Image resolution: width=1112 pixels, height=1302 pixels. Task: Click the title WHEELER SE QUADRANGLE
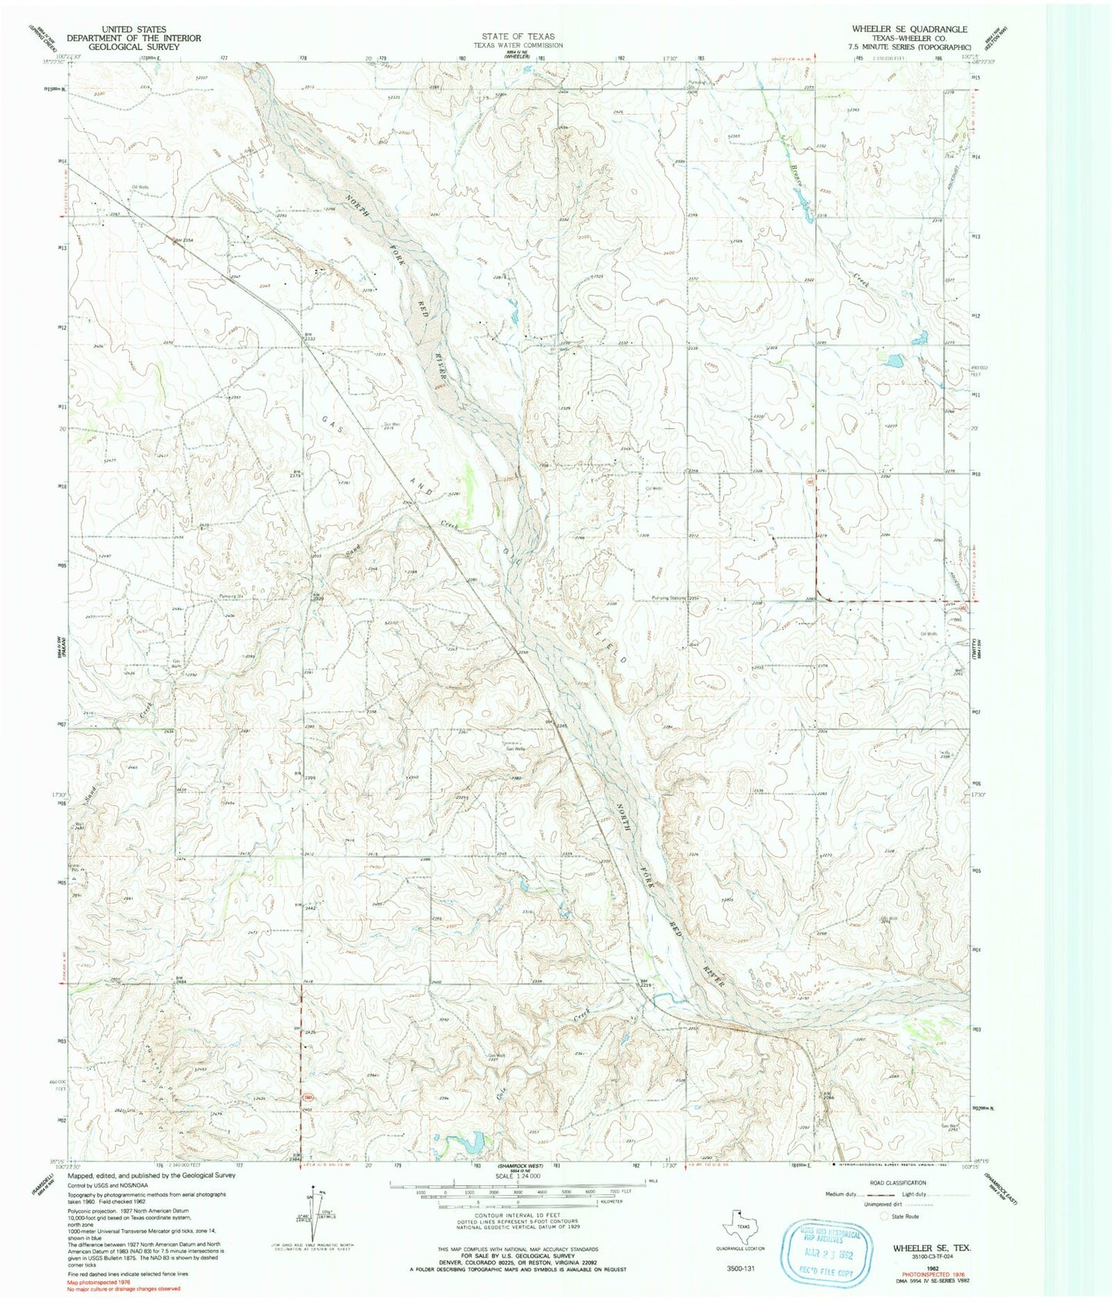coord(909,29)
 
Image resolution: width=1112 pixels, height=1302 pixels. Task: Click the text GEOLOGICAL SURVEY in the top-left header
coord(134,47)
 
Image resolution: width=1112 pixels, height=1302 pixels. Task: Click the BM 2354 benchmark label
coord(182,241)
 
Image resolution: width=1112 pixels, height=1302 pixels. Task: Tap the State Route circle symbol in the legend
coord(883,1216)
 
